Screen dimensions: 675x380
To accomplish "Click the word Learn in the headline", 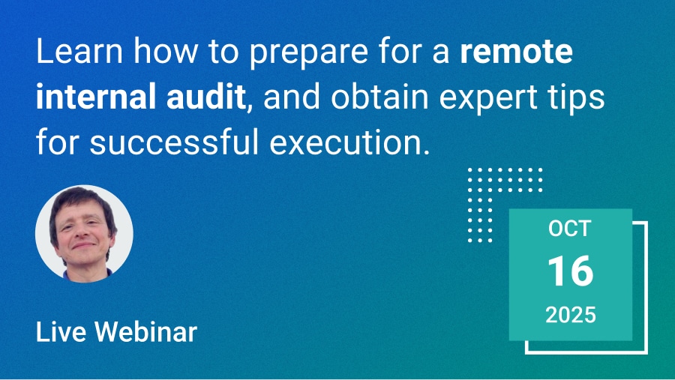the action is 79,51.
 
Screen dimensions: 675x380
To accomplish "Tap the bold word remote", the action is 516,52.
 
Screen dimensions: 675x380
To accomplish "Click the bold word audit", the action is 205,97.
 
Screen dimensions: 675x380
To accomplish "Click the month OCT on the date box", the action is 570,229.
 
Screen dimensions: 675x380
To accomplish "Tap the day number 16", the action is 571,271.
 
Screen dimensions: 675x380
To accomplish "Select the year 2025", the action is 571,315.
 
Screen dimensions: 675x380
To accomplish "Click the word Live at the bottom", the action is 61,332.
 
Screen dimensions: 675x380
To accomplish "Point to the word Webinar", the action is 146,332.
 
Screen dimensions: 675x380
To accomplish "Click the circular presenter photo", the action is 84,234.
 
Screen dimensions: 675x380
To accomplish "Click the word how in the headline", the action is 166,51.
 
